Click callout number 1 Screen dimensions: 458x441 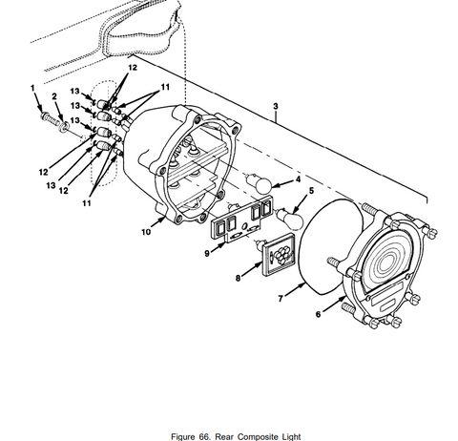(x=32, y=88)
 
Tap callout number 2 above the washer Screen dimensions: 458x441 (x=54, y=96)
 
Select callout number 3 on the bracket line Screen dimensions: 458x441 (x=276, y=106)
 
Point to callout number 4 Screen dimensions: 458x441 (x=298, y=179)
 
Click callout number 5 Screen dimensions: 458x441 (x=311, y=191)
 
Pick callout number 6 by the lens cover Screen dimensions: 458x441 (x=319, y=314)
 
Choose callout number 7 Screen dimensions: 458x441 (x=281, y=299)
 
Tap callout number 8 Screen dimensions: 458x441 (x=238, y=278)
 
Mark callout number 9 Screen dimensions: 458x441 (x=207, y=254)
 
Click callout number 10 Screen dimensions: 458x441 (x=146, y=232)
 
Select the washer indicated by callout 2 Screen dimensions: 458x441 (x=64, y=127)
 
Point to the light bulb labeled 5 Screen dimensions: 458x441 (x=290, y=218)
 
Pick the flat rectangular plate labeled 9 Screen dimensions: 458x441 (x=242, y=220)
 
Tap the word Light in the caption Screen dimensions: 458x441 (x=290, y=436)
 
